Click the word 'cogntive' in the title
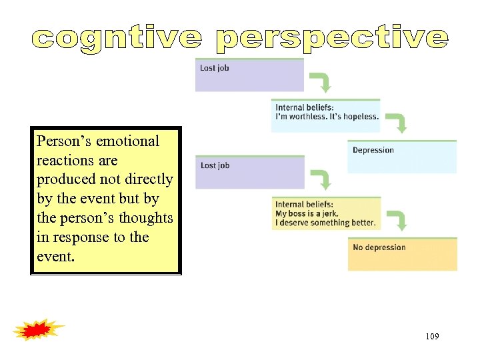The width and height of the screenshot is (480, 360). point(116,38)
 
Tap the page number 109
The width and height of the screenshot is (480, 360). point(432,337)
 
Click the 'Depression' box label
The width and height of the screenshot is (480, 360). point(373,150)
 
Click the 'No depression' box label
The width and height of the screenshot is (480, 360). point(379,247)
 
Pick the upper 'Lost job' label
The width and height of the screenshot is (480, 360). point(215,68)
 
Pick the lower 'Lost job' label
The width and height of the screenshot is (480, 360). point(215,165)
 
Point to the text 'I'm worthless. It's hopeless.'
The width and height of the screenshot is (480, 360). point(327,116)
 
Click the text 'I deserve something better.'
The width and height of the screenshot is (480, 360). point(325,222)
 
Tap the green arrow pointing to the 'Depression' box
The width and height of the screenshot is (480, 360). point(398,123)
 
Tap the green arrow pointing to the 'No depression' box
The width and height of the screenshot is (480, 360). point(398,221)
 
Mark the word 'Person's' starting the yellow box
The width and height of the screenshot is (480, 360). point(64,141)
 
